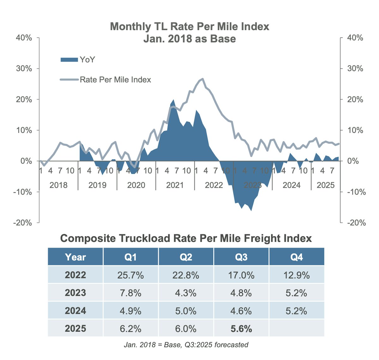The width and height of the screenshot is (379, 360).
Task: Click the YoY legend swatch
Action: click(69, 60)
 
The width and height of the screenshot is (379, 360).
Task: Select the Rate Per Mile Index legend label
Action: click(115, 80)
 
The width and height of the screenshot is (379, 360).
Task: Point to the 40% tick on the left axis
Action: click(24, 38)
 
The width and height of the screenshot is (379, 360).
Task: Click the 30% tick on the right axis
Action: click(355, 68)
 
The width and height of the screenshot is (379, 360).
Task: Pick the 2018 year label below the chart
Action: click(58, 185)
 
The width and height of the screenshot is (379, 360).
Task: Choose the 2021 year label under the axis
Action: click(175, 185)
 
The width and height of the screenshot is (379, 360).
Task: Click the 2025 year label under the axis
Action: click(325, 185)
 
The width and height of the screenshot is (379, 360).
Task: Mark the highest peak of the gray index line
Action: click(202, 79)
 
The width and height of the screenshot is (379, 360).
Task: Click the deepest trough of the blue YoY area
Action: click(251, 210)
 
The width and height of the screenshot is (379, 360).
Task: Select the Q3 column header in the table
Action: click(241, 257)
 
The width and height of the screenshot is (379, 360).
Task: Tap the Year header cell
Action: click(75, 257)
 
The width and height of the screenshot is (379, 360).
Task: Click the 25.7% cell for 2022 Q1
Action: click(130, 275)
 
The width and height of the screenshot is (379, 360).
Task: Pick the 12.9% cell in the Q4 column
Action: click(296, 275)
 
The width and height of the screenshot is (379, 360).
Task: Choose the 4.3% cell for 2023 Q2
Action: click(186, 293)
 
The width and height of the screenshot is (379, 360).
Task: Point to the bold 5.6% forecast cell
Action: click(241, 329)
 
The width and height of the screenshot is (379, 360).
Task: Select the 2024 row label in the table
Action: click(75, 311)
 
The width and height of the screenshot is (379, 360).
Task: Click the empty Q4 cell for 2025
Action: click(296, 329)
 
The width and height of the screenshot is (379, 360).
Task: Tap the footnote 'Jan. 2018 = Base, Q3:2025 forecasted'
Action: click(186, 345)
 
